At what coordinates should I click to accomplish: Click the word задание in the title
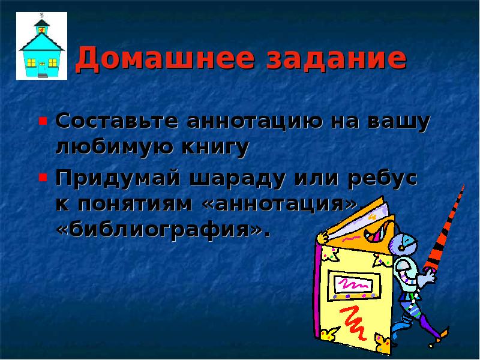(x=338, y=59)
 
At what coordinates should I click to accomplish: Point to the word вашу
(x=400, y=121)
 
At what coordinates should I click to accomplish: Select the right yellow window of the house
(x=52, y=61)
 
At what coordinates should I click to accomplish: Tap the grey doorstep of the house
(x=43, y=76)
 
